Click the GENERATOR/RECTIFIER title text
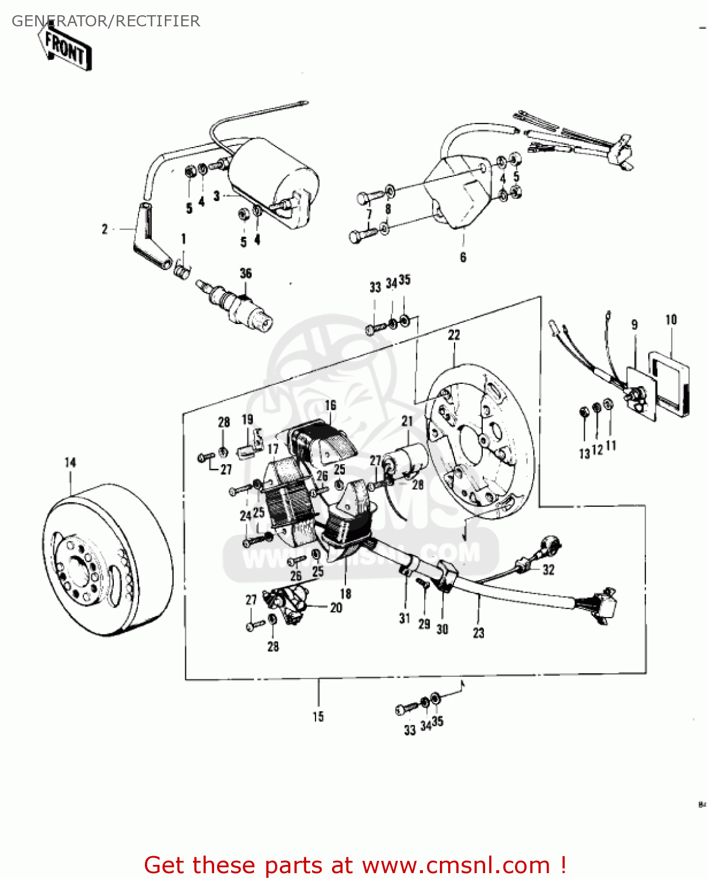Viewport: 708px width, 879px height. [106, 21]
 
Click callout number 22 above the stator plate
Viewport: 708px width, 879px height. [454, 335]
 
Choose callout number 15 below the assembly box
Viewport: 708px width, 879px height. [318, 717]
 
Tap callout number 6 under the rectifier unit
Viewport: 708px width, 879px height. [463, 257]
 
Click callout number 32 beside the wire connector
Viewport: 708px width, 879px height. [548, 570]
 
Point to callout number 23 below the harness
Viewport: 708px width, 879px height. [479, 633]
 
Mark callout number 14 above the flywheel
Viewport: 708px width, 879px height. [70, 462]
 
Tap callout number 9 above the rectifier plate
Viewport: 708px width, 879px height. [634, 325]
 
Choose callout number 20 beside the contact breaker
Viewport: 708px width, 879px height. [336, 608]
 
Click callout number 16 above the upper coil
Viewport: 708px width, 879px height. [331, 405]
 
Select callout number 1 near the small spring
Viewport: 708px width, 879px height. [184, 239]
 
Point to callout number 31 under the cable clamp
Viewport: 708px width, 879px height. [405, 618]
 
